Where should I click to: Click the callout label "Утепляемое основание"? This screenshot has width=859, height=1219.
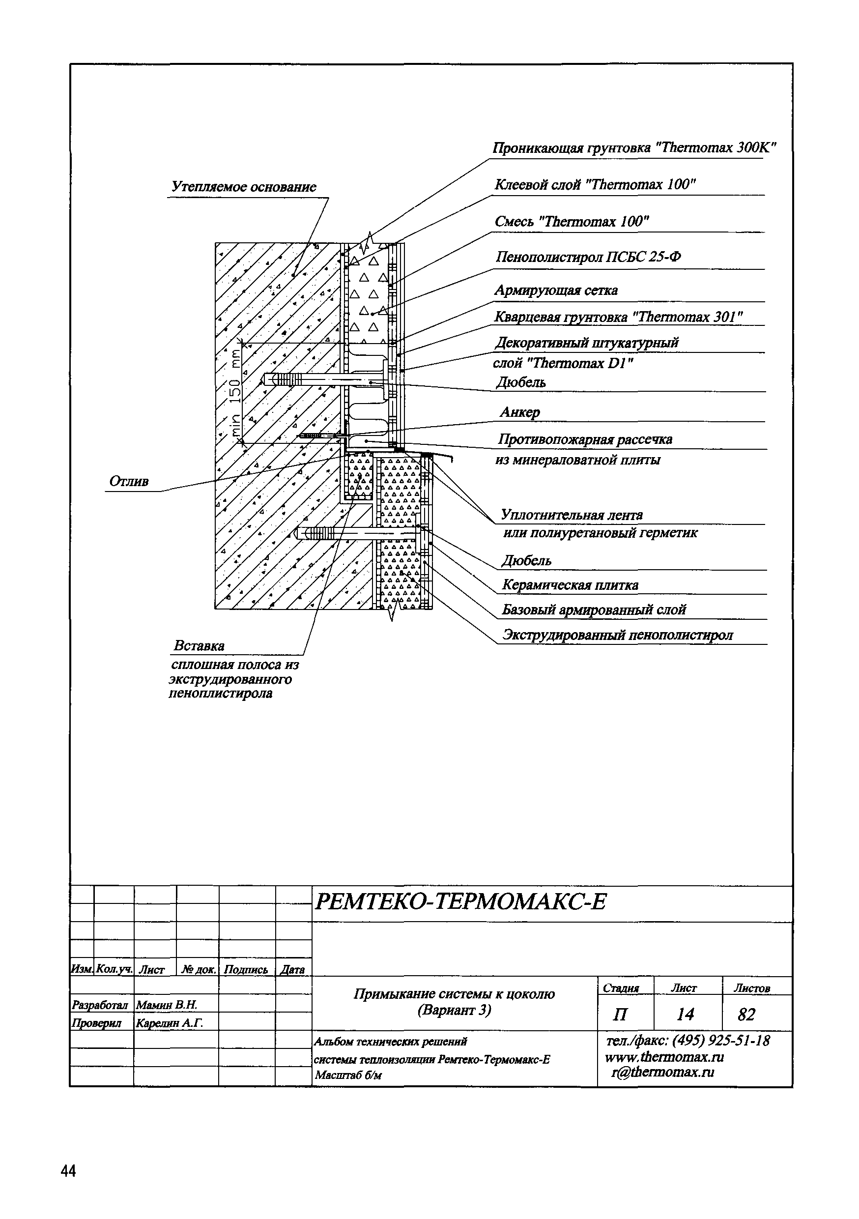244,187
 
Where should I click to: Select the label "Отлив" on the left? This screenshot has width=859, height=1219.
129,482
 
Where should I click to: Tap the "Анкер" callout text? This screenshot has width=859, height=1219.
520,412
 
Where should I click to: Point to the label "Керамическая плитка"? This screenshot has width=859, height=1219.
570,585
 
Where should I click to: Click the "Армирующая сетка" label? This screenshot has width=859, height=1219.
556,290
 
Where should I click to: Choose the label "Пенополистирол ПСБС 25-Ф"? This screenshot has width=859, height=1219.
588,258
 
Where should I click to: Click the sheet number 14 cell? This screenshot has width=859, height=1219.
686,1015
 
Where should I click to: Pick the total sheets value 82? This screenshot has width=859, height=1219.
746,1015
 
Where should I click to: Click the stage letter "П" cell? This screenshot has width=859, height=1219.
620,1015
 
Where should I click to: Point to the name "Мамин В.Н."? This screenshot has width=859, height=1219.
167,1005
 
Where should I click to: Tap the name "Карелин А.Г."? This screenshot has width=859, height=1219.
170,1023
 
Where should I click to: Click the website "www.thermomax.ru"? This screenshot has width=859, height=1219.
664,1057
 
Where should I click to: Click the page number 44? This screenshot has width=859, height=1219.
68,1171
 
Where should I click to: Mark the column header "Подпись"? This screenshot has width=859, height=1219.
246,970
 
